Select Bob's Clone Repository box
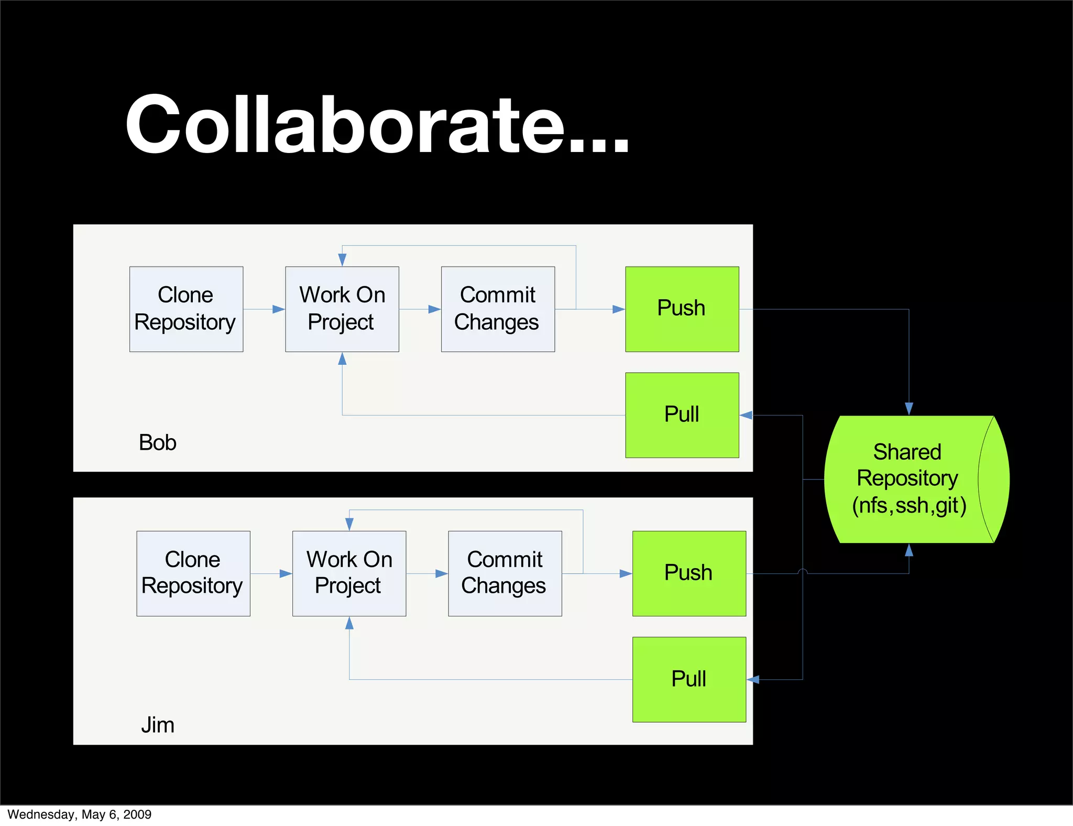(x=186, y=309)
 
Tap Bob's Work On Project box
(x=342, y=309)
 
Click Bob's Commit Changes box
(x=498, y=309)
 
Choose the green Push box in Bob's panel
(x=682, y=309)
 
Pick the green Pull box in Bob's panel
(x=682, y=415)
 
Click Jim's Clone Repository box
(x=193, y=573)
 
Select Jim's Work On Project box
(x=349, y=573)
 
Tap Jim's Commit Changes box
(x=505, y=573)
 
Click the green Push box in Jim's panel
(x=689, y=573)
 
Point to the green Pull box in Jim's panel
(x=689, y=679)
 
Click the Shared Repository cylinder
(x=912, y=479)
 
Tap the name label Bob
(x=157, y=442)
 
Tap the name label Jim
(x=157, y=725)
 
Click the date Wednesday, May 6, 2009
(x=80, y=814)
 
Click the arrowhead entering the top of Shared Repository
(x=909, y=409)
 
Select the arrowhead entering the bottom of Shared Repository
(x=909, y=550)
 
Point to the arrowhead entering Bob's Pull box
(x=746, y=415)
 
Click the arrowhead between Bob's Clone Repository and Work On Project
(x=278, y=309)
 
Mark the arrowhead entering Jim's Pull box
(x=753, y=680)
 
